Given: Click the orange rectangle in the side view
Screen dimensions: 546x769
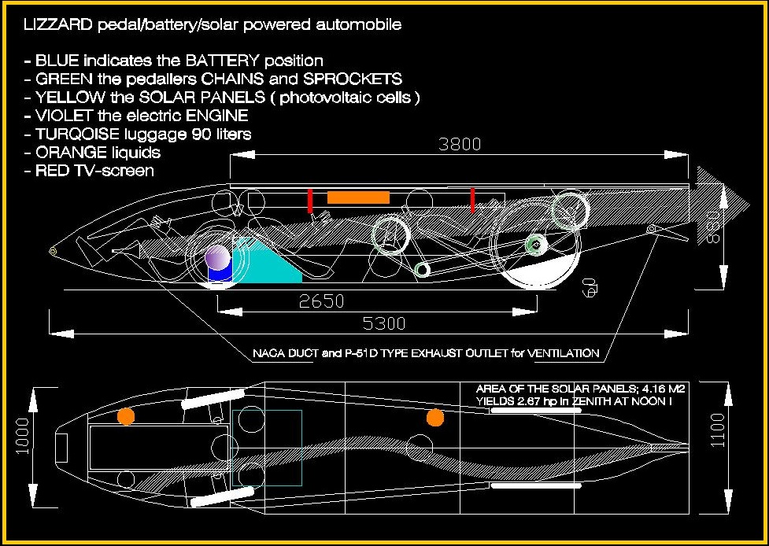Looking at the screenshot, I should [x=358, y=197].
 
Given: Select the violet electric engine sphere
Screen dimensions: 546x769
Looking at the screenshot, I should [x=217, y=256].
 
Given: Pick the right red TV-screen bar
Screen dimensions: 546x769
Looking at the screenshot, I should [x=472, y=200].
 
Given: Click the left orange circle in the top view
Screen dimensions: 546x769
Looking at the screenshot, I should [x=125, y=416].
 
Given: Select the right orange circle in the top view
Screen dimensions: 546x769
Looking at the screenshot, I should [x=435, y=417].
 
